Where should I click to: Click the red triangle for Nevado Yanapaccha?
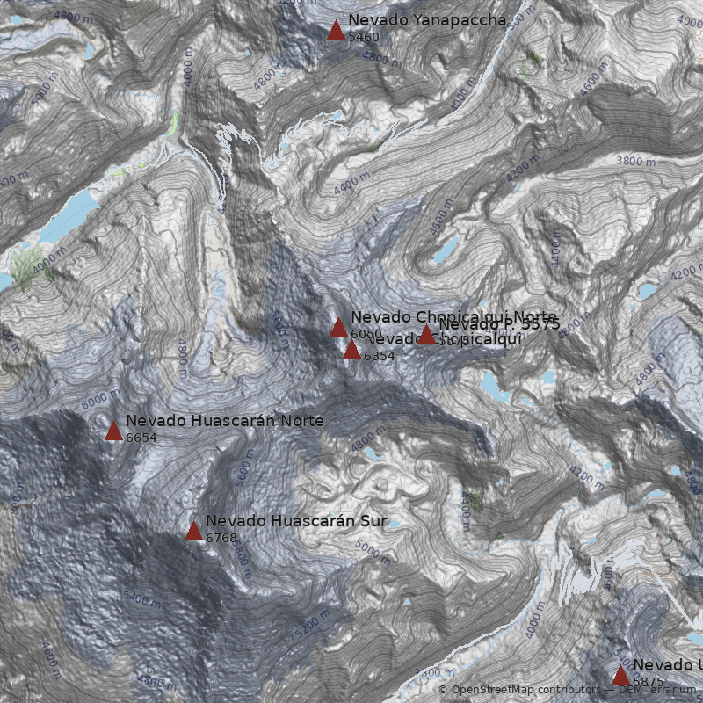click(336, 31)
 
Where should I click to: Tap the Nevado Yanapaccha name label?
click(427, 20)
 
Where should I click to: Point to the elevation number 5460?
click(364, 37)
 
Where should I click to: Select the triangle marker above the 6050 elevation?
click(338, 328)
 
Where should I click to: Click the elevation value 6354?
click(380, 356)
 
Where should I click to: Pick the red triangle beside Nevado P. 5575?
click(426, 335)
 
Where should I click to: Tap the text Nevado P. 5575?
click(499, 323)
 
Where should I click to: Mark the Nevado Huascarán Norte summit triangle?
click(113, 431)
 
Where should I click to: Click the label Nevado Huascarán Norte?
click(224, 421)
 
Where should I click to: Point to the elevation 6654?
click(141, 438)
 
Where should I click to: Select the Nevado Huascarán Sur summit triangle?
click(193, 531)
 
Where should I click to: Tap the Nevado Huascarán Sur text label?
click(296, 521)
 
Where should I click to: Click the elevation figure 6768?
click(221, 538)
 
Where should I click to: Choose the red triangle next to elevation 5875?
click(620, 675)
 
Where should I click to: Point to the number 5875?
click(649, 682)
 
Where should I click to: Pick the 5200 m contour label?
click(313, 623)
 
